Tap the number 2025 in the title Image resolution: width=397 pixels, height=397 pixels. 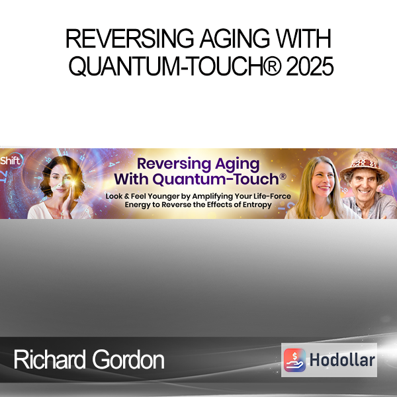310,66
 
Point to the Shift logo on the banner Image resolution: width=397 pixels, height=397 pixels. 11,161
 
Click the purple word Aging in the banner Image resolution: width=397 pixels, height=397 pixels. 238,165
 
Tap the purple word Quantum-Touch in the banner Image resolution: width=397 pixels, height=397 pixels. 216,179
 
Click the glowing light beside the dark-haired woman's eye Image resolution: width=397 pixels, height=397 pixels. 73,182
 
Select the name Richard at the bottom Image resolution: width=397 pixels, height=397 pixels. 50,359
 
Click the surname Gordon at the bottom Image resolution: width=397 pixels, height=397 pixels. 128,359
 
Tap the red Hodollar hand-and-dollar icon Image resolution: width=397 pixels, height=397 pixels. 294,360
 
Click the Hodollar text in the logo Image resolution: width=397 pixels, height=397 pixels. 342,360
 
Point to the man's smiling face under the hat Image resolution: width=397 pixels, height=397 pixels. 363,183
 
